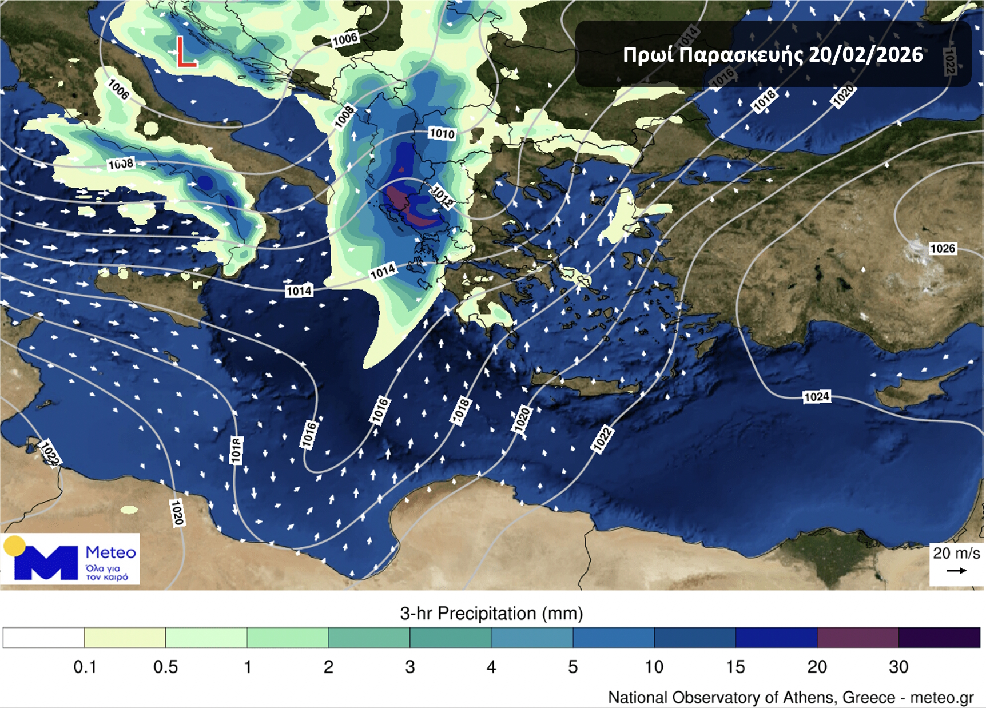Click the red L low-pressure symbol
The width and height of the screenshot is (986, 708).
[186, 53]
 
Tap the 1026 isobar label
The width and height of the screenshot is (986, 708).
[943, 249]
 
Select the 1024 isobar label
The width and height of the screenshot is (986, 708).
[816, 397]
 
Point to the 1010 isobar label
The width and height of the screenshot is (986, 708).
[442, 133]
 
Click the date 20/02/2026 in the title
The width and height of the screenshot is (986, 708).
[866, 55]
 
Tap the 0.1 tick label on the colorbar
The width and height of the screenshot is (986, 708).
[85, 667]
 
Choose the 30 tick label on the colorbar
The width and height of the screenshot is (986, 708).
[898, 667]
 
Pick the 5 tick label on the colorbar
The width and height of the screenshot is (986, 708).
[572, 667]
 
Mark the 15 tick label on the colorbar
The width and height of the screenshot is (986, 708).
[735, 667]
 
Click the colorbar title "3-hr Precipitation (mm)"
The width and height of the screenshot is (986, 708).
[491, 614]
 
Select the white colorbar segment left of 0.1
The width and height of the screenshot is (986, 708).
[43, 637]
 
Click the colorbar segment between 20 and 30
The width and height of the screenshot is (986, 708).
[858, 637]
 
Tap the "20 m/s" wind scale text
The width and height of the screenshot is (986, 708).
[956, 553]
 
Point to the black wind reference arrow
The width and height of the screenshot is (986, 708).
[956, 571]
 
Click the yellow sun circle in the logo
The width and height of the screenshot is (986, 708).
[14, 546]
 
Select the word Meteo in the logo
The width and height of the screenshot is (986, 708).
[110, 552]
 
